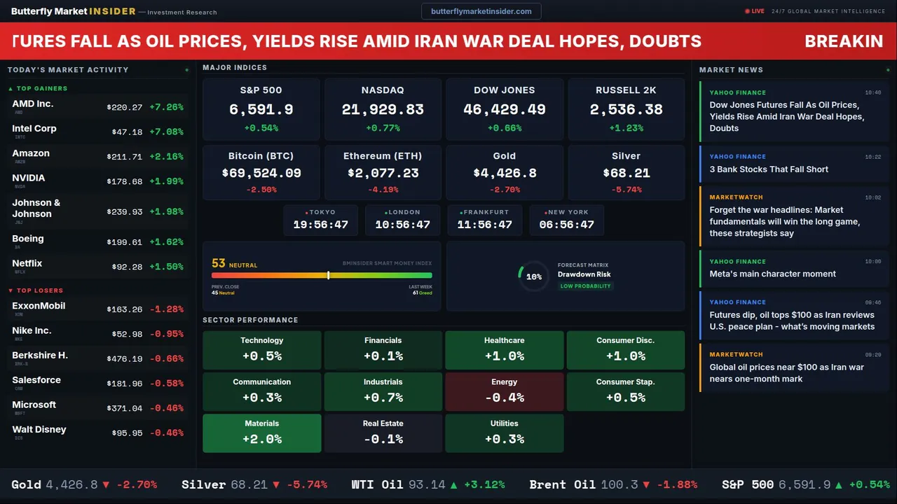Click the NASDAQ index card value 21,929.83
(x=383, y=110)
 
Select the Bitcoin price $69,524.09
(x=261, y=173)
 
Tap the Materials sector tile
(x=262, y=433)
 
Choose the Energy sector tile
(x=505, y=391)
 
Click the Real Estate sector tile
(x=383, y=433)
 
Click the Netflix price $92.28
(x=127, y=267)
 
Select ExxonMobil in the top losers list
(x=39, y=306)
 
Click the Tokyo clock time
(x=320, y=225)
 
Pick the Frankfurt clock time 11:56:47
(x=484, y=225)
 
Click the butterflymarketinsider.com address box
(x=481, y=11)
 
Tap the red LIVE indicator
(x=755, y=11)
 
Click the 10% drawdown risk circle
(x=534, y=276)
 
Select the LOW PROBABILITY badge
(x=585, y=286)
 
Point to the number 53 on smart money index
(x=219, y=264)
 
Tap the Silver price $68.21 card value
(x=626, y=173)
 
